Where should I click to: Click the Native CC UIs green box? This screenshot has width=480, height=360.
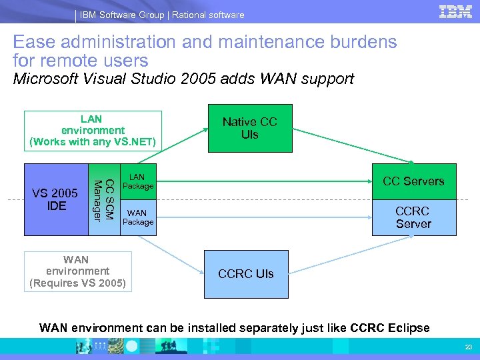point(249,128)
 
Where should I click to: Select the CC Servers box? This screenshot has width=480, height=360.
point(413,181)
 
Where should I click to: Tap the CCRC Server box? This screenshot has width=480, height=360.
point(413,217)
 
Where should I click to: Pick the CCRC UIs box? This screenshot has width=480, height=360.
point(246,274)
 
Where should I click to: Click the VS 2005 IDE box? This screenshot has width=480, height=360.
point(57,199)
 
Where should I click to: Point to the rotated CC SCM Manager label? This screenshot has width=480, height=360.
point(105,199)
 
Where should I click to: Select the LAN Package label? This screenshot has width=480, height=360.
point(137,181)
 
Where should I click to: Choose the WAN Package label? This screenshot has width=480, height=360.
point(138,217)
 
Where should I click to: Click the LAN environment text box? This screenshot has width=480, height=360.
point(93,130)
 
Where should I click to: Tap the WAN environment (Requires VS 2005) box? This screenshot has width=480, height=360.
point(77,271)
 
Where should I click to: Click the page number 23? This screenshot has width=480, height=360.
point(467,346)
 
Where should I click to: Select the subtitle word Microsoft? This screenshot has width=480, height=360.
point(45,79)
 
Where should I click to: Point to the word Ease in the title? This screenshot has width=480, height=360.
point(35,43)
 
